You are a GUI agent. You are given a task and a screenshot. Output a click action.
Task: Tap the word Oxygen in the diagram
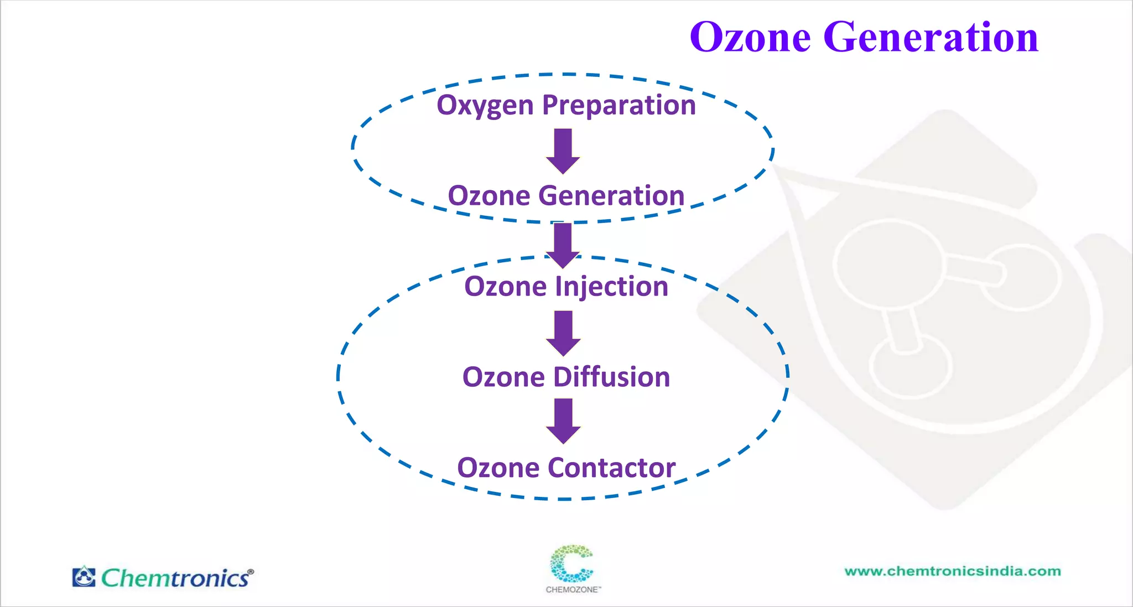click(485, 105)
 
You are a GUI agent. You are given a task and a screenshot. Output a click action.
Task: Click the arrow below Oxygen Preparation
click(563, 151)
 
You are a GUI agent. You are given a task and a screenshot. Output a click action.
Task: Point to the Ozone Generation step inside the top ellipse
click(566, 196)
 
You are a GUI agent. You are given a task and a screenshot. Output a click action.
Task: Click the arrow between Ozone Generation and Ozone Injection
click(563, 244)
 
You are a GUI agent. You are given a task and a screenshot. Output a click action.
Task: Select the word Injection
click(611, 287)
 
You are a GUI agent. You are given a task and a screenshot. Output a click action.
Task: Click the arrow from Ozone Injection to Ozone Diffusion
click(563, 333)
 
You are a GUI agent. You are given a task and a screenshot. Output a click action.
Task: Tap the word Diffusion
click(611, 377)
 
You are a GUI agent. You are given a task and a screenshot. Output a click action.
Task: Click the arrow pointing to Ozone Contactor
click(563, 421)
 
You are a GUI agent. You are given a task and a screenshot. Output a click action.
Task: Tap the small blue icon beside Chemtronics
click(84, 577)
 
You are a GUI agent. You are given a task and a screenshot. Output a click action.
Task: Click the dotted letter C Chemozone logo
click(571, 563)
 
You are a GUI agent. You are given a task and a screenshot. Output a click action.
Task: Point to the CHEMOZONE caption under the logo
click(573, 590)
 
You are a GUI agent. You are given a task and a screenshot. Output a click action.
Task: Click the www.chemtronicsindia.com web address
click(952, 572)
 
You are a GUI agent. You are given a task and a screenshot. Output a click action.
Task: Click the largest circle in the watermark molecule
click(888, 264)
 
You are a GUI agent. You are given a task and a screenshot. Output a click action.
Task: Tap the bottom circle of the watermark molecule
click(910, 367)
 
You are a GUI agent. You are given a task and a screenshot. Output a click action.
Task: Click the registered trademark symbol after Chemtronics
click(251, 572)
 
